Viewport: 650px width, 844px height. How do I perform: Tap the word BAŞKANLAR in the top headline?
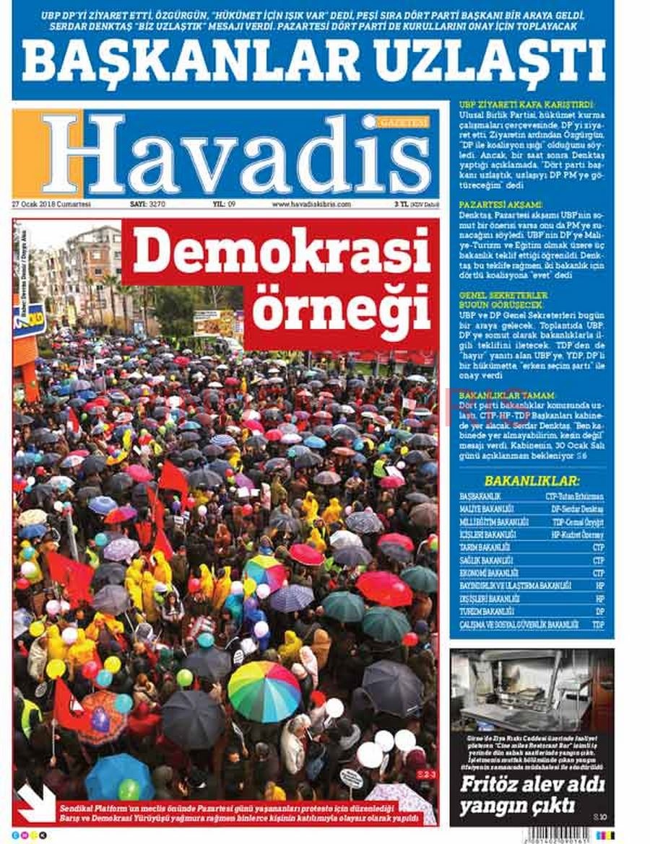(191, 61)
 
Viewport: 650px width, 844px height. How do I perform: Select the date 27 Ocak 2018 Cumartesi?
(51, 204)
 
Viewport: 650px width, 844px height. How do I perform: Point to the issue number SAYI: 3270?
(147, 204)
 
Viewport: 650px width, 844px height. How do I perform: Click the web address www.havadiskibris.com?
(311, 204)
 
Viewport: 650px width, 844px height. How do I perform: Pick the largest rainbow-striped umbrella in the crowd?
(264, 690)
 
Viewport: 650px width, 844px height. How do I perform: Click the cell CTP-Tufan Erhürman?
(575, 497)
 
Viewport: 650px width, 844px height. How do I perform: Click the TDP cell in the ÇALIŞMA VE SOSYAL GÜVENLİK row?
(598, 625)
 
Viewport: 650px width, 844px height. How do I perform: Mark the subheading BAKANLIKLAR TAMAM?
(497, 396)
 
